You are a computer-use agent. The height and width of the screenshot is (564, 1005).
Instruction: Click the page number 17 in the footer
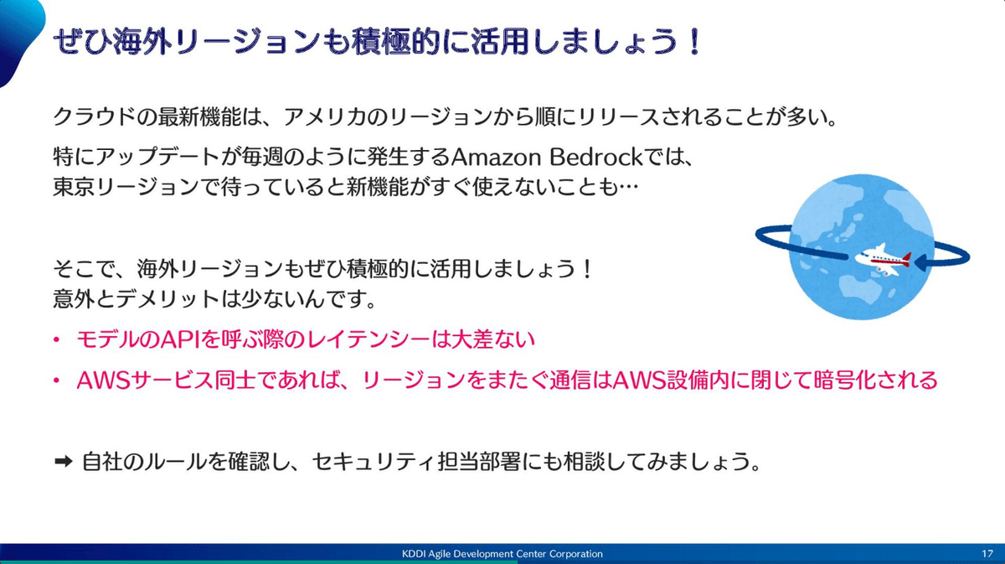click(987, 554)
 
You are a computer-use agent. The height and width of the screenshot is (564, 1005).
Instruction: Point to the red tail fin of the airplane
click(906, 258)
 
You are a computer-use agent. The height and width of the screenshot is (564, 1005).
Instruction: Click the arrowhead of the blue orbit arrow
click(920, 261)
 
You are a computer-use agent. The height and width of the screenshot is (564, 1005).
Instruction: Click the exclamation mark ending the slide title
click(695, 42)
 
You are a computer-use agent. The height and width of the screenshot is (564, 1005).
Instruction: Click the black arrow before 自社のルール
click(64, 461)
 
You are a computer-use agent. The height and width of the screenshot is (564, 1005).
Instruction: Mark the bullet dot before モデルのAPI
click(57, 340)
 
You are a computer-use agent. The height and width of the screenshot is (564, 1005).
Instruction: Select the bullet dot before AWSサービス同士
click(57, 381)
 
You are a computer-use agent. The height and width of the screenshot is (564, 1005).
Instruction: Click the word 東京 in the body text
click(74, 187)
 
